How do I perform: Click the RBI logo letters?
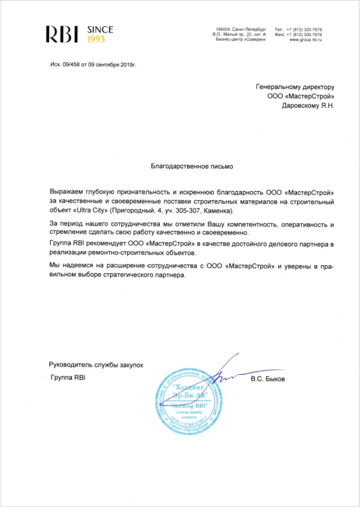[62, 34]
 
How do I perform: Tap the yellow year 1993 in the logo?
[96, 39]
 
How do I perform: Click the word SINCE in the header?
[100, 30]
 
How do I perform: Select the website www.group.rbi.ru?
[306, 40]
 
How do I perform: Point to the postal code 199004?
[224, 29]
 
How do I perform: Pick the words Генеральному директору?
[295, 87]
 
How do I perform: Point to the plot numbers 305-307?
[181, 210]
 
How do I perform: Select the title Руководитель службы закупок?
[96, 365]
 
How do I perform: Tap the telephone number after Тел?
[304, 29]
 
